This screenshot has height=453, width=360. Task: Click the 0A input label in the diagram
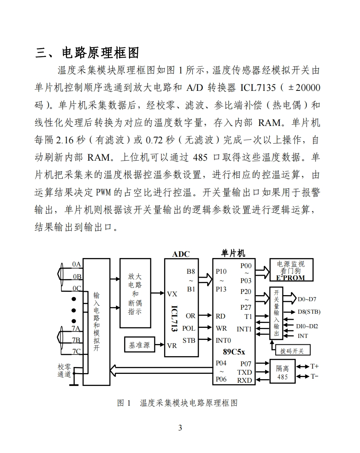[x=76, y=264]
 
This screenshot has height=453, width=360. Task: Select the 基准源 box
[x=139, y=345]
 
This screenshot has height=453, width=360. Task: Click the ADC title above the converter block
[x=181, y=254]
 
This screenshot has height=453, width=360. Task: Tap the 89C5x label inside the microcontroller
[x=234, y=351]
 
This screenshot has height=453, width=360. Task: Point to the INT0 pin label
[x=223, y=340]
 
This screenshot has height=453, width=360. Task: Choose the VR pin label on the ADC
[x=172, y=346]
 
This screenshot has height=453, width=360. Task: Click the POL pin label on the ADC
[x=189, y=328]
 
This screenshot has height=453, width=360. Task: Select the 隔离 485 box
[x=282, y=372]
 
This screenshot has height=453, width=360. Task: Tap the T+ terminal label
[x=314, y=367]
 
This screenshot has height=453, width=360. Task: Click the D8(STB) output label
[x=309, y=312]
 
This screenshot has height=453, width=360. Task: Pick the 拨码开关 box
[x=292, y=351]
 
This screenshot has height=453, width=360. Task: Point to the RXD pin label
[x=244, y=380]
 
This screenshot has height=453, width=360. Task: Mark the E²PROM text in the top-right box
[x=290, y=278]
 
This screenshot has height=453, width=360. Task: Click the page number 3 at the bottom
[x=180, y=428]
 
